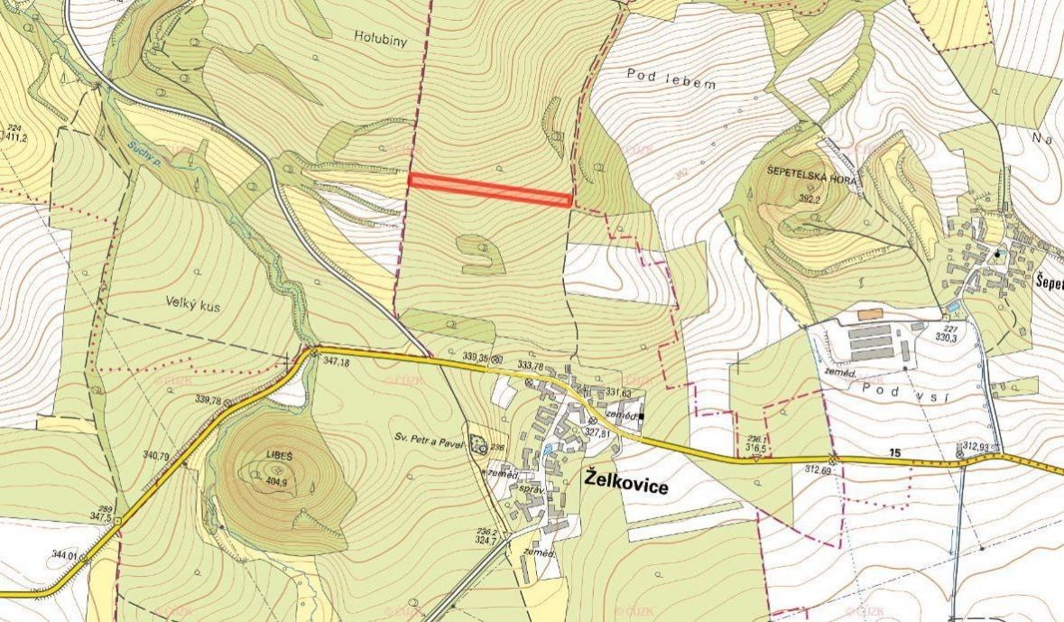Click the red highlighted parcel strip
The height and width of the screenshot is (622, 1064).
point(490,190)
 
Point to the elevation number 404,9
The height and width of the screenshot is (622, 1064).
point(275,482)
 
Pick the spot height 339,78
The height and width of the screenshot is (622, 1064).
point(207,400)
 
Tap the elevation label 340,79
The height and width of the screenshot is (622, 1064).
point(156,456)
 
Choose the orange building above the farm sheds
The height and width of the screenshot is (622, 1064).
point(869,314)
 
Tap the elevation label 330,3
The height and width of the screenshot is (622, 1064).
point(945,338)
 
